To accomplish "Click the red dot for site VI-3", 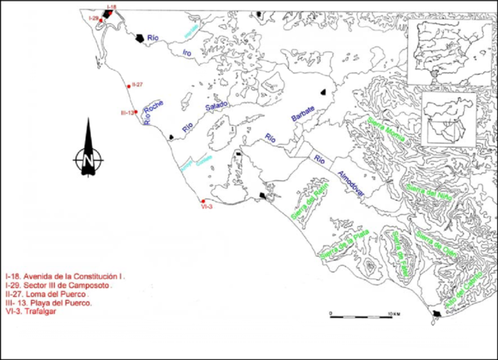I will (x=202, y=201).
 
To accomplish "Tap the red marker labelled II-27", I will (x=128, y=86).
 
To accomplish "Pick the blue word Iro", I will (x=186, y=52).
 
